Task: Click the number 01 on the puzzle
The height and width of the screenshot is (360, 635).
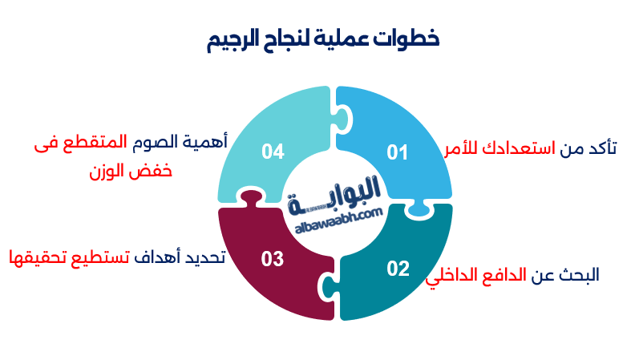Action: (397, 152)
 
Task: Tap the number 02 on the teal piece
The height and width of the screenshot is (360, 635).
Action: (398, 269)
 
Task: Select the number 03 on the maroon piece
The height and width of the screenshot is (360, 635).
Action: (272, 259)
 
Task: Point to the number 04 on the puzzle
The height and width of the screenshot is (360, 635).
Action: (273, 152)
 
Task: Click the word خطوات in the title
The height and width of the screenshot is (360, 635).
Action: (406, 38)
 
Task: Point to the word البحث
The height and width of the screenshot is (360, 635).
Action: (579, 275)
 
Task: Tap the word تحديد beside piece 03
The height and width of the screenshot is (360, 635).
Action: (205, 257)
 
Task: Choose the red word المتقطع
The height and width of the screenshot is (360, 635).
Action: (95, 143)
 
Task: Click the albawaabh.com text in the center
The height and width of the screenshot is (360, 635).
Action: (338, 221)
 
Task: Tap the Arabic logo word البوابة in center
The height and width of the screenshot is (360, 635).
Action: (334, 195)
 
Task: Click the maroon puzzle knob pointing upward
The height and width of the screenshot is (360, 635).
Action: (251, 198)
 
